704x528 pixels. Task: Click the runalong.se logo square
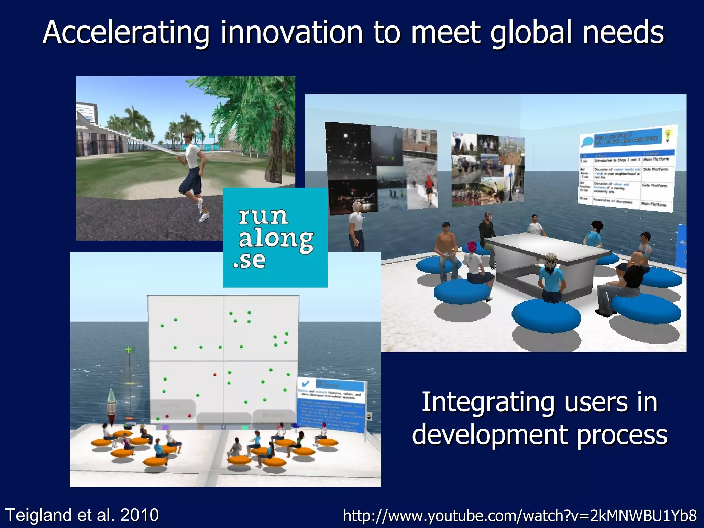click(x=275, y=238)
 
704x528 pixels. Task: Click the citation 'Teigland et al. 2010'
click(x=82, y=515)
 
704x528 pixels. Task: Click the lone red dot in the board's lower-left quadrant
click(x=215, y=375)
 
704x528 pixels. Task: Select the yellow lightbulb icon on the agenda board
click(x=668, y=136)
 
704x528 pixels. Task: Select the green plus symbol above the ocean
click(x=129, y=350)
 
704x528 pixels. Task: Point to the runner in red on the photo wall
click(x=429, y=186)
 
